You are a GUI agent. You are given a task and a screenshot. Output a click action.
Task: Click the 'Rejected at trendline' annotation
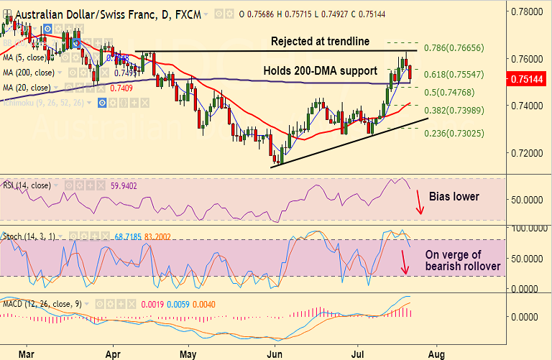pyautogui.click(x=320, y=42)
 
